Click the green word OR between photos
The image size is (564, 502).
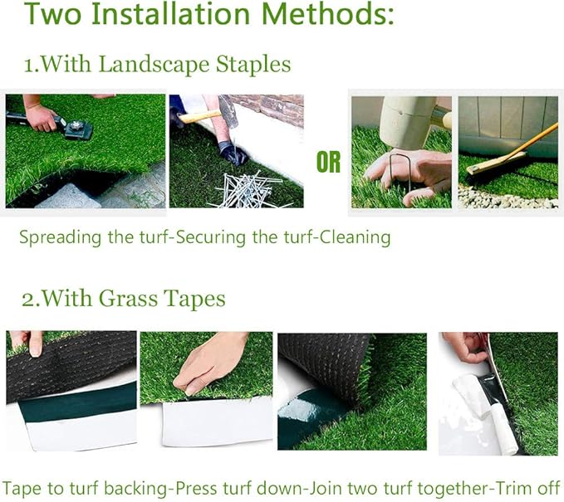(329, 163)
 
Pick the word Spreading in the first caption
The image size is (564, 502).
(60, 238)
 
